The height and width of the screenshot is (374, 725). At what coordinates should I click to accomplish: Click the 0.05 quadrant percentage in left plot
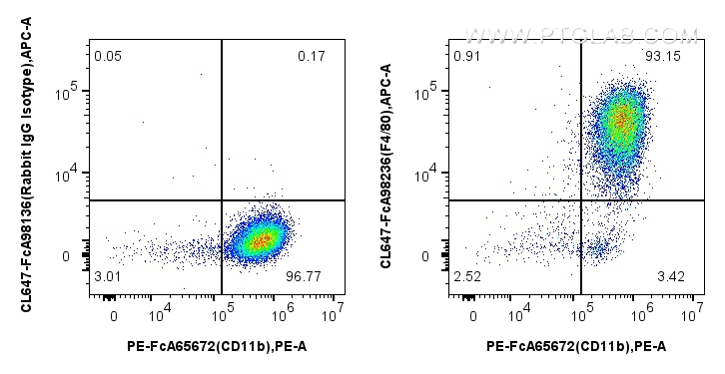point(107,56)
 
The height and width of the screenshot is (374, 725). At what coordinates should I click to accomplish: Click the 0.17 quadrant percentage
point(311,56)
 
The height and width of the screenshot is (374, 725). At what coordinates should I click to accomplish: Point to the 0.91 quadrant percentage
point(465,56)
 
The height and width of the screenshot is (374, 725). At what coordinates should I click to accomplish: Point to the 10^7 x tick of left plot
point(333,316)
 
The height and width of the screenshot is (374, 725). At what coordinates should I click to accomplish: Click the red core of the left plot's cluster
point(260,240)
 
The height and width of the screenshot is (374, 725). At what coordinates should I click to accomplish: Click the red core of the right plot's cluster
point(621,120)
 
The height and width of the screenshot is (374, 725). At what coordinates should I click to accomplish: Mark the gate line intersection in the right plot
point(581,200)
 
